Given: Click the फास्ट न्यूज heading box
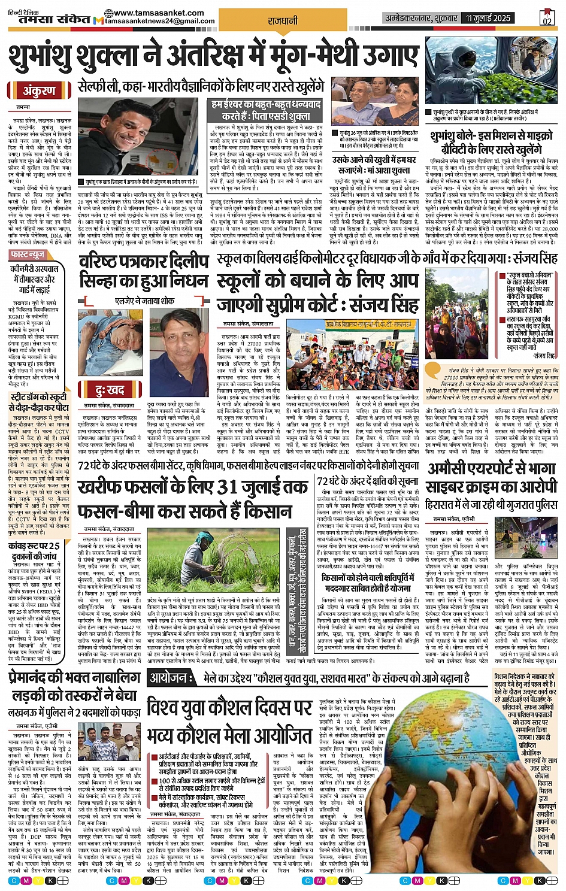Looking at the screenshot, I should pos(29,255).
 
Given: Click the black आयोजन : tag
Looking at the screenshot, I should pos(171,679).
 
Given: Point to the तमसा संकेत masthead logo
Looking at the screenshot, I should pos(46,19).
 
